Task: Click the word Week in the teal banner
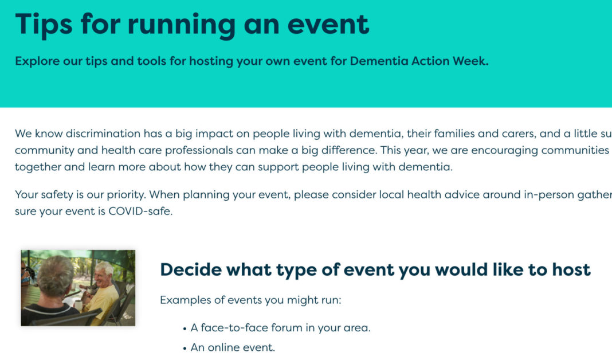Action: (470, 61)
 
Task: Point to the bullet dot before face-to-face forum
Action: (185, 329)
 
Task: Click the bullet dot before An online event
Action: (185, 348)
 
